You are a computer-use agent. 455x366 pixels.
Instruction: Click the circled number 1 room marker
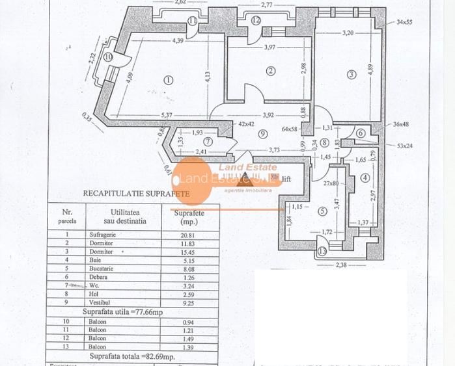pos(169,80)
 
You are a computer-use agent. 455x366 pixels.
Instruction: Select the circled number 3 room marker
pos(352,74)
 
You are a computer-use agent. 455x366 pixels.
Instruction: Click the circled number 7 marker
pos(207,141)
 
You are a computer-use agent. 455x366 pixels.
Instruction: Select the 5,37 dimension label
pos(168,116)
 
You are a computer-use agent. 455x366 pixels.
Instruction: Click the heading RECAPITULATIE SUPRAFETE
pos(135,193)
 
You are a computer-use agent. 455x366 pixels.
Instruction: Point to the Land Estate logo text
pos(240,168)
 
